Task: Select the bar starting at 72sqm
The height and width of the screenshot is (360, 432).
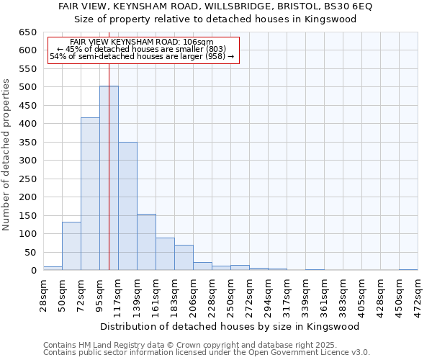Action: (x=90, y=194)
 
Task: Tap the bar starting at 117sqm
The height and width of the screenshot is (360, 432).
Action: (x=127, y=206)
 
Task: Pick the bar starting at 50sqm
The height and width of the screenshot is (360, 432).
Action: (x=71, y=246)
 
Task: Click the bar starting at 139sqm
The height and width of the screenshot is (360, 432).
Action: (x=146, y=242)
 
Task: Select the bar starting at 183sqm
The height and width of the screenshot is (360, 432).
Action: (x=184, y=257)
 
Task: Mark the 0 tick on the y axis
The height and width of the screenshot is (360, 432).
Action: (x=33, y=271)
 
